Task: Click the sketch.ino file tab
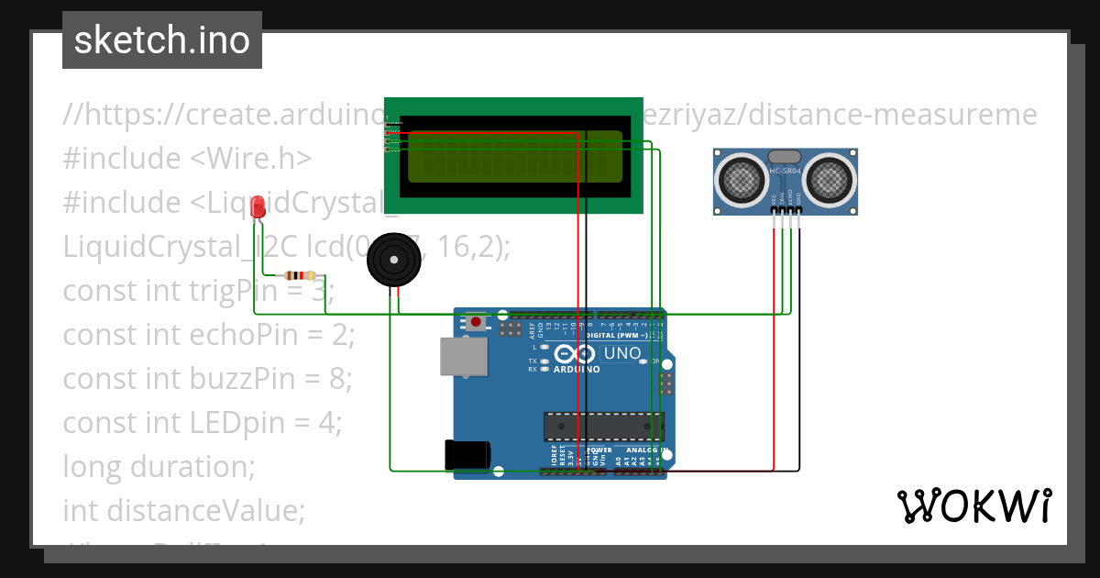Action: tap(162, 40)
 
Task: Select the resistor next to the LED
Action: tap(300, 275)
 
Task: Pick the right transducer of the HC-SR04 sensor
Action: tap(829, 178)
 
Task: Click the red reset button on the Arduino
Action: tap(477, 322)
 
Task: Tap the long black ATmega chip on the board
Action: tap(603, 427)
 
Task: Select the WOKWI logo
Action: tap(973, 506)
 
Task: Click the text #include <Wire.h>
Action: tap(188, 158)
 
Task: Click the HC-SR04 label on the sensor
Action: tap(786, 172)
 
